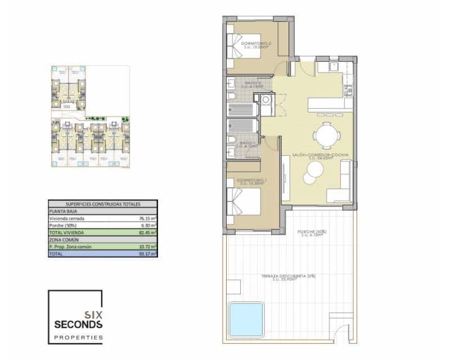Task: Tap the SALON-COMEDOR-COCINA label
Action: [321, 156]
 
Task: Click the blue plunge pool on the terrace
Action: [246, 319]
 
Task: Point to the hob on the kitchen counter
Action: [349, 89]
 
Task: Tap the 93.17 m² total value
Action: [148, 254]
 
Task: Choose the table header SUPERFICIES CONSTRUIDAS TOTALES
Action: [103, 204]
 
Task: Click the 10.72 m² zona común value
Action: [148, 246]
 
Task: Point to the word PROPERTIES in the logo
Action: [78, 337]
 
